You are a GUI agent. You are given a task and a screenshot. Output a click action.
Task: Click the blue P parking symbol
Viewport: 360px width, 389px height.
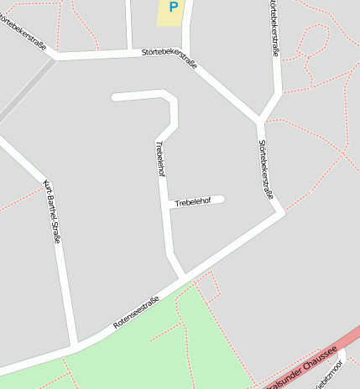click(174, 8)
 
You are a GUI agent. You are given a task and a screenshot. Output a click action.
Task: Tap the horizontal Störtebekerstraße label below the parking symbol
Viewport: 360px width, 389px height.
click(170, 60)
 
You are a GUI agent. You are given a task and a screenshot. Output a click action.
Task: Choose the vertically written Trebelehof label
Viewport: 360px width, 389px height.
click(160, 158)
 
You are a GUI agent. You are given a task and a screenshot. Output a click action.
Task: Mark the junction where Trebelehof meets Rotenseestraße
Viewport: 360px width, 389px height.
click(181, 277)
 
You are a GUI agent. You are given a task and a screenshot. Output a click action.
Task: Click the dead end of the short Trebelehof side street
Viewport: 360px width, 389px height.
click(222, 199)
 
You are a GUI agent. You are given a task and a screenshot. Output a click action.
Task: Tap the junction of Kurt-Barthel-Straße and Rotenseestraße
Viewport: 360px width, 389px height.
click(76, 345)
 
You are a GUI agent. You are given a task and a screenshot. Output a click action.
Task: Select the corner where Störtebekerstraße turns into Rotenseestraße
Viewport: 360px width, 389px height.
click(280, 211)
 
